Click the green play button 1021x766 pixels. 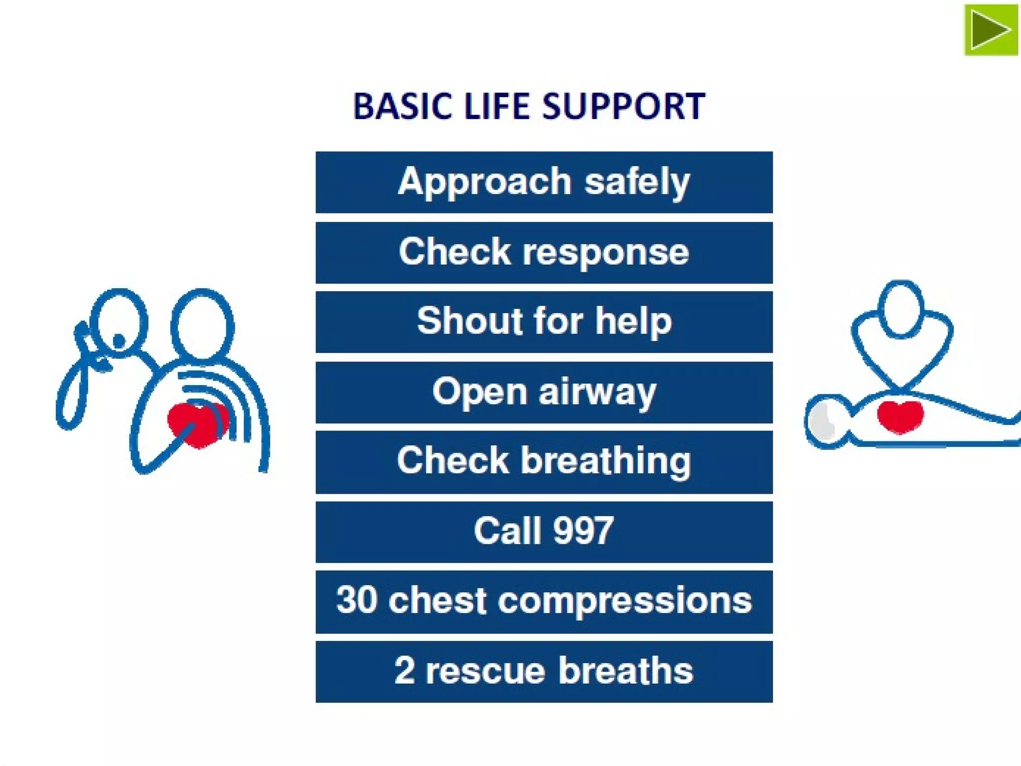[x=991, y=30]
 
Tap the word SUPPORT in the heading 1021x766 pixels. [x=623, y=106]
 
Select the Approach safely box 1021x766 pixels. [x=544, y=183]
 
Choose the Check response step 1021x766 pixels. [x=544, y=252]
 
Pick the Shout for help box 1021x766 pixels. [x=544, y=322]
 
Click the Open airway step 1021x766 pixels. [x=544, y=392]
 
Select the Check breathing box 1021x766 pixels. [x=544, y=462]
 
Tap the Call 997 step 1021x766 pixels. [x=544, y=532]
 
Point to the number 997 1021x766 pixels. [x=583, y=531]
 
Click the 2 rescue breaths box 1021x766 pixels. [x=544, y=672]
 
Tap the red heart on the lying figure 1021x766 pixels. [x=900, y=416]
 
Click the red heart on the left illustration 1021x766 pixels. [x=197, y=425]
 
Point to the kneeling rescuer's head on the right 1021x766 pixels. [x=900, y=308]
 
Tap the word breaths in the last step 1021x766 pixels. [x=626, y=671]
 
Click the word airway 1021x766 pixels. [x=597, y=392]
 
